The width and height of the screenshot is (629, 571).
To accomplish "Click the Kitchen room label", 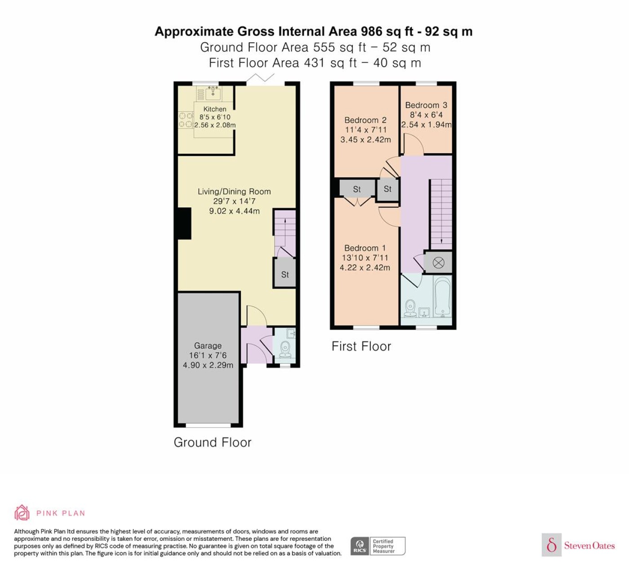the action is pyautogui.click(x=214, y=109).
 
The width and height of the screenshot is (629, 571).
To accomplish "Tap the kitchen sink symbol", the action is pyautogui.click(x=213, y=93).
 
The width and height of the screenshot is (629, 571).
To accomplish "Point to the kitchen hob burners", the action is pyautogui.click(x=186, y=120).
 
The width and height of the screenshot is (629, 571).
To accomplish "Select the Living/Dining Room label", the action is pyautogui.click(x=234, y=192).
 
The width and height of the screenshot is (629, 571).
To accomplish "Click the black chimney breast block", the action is pyautogui.click(x=184, y=223).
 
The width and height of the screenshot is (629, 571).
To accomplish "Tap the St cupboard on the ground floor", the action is pyautogui.click(x=285, y=273).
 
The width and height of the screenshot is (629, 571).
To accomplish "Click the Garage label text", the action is pyautogui.click(x=208, y=346).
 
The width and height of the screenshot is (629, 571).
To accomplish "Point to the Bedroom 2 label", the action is pyautogui.click(x=365, y=120).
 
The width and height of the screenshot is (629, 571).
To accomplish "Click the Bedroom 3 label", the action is pyautogui.click(x=426, y=105).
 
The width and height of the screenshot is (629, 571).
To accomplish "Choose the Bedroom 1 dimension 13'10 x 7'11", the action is pyautogui.click(x=365, y=258).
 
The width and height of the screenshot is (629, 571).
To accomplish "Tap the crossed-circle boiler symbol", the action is pyautogui.click(x=439, y=263).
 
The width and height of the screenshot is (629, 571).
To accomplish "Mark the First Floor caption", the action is pyautogui.click(x=361, y=347).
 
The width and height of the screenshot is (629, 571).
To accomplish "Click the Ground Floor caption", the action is pyautogui.click(x=213, y=442).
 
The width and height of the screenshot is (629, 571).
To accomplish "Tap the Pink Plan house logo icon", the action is pyautogui.click(x=22, y=513).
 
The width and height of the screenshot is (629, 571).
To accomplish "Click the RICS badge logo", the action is pyautogui.click(x=359, y=546).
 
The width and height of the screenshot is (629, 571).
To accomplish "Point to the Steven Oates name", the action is pyautogui.click(x=589, y=545).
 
